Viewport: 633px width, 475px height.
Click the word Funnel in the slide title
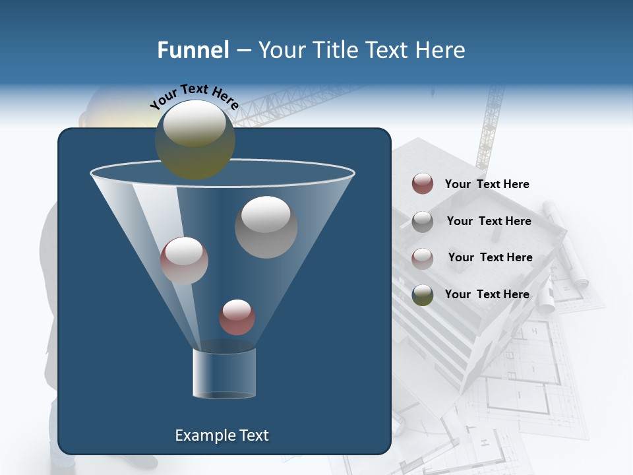pyautogui.click(x=193, y=50)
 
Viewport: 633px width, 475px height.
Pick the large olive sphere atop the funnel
pyautogui.click(x=195, y=139)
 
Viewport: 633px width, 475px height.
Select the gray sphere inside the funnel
pyautogui.click(x=266, y=226)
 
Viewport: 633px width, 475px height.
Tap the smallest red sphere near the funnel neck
pyautogui.click(x=237, y=317)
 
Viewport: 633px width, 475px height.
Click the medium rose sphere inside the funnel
pyautogui.click(x=184, y=261)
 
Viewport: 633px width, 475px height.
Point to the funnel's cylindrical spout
pyautogui.click(x=224, y=373)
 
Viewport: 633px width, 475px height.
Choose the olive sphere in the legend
pyautogui.click(x=423, y=295)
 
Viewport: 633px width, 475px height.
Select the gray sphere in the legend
pyautogui.click(x=423, y=222)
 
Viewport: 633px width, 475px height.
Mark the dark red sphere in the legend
pyautogui.click(x=423, y=184)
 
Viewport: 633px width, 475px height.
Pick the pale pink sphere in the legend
pyautogui.click(x=423, y=258)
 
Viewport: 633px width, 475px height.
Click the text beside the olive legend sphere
pyautogui.click(x=487, y=294)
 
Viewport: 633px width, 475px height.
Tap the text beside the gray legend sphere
pyautogui.click(x=489, y=221)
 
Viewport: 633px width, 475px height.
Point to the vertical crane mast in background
pyautogui.click(x=490, y=125)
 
